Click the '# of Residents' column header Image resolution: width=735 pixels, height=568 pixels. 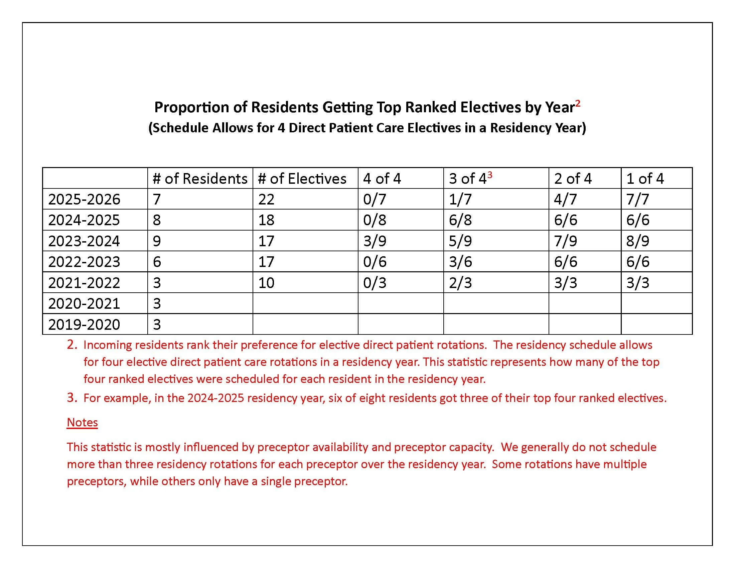tap(200, 178)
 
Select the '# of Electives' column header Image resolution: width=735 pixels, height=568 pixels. tap(302, 178)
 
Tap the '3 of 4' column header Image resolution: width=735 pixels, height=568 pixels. tap(470, 178)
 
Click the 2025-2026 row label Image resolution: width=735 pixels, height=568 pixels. tap(84, 199)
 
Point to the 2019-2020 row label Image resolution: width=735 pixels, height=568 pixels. tap(84, 324)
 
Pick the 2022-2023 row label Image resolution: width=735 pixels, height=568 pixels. tap(84, 262)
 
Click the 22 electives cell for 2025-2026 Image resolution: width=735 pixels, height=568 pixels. tap(266, 199)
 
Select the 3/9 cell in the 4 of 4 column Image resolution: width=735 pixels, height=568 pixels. tap(375, 241)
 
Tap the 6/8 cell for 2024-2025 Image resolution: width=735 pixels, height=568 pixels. tap(460, 220)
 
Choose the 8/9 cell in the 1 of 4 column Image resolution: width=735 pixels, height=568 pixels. tap(638, 241)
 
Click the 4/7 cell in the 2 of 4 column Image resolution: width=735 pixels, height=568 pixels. tap(565, 199)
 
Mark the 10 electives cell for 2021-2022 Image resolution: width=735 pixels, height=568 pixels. tap(266, 283)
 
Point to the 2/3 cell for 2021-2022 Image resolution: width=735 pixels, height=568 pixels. tap(460, 283)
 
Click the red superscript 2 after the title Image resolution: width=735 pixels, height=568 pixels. tap(578, 103)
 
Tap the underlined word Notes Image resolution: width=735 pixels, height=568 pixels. tap(82, 422)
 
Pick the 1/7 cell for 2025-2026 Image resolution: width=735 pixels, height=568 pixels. tap(460, 199)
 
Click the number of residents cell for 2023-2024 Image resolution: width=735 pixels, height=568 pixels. tap(157, 241)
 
